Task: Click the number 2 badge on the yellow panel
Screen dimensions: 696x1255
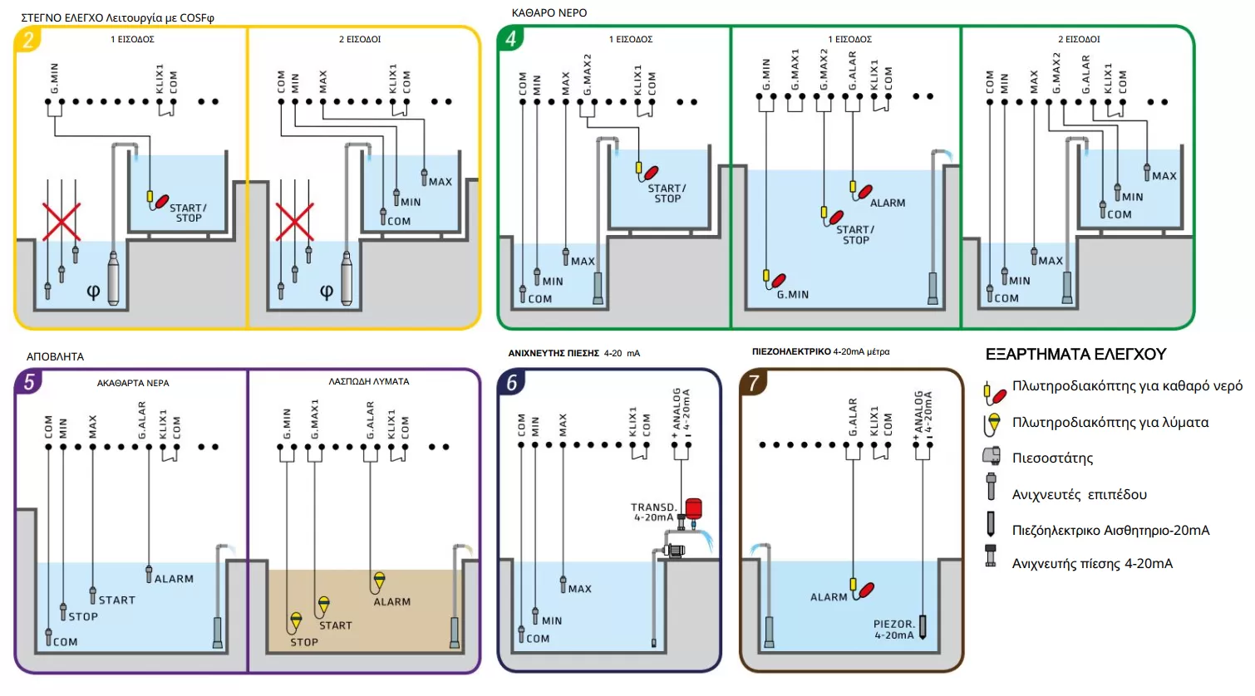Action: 28,40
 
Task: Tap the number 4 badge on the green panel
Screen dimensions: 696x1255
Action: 510,38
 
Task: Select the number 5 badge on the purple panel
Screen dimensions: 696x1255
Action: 29,382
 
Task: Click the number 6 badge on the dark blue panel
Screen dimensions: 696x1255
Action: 511,382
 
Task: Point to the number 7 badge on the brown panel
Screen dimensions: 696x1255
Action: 753,382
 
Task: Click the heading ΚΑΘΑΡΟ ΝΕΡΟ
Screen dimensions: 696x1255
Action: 549,13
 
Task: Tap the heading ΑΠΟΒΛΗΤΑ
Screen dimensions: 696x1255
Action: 55,356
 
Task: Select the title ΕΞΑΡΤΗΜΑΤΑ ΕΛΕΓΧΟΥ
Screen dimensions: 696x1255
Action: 1075,355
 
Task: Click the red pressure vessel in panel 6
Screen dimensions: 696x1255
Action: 692,507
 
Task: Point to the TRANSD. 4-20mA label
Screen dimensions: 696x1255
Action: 653,512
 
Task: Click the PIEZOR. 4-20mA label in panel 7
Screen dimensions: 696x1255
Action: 893,630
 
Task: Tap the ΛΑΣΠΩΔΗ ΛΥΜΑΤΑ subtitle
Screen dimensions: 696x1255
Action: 368,382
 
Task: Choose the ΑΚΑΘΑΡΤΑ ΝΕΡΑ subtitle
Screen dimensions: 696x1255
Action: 133,383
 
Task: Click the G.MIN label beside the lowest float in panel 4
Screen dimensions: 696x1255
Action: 792,295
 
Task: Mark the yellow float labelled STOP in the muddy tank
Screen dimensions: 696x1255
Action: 297,620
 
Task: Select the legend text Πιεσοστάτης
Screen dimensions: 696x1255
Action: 1052,458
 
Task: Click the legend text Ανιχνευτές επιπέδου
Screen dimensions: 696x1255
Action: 1079,495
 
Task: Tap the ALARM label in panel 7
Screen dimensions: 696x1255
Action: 829,597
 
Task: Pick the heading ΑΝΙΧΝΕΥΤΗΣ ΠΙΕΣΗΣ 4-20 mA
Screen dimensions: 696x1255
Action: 573,353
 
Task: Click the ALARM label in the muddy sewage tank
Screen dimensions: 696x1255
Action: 391,602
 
